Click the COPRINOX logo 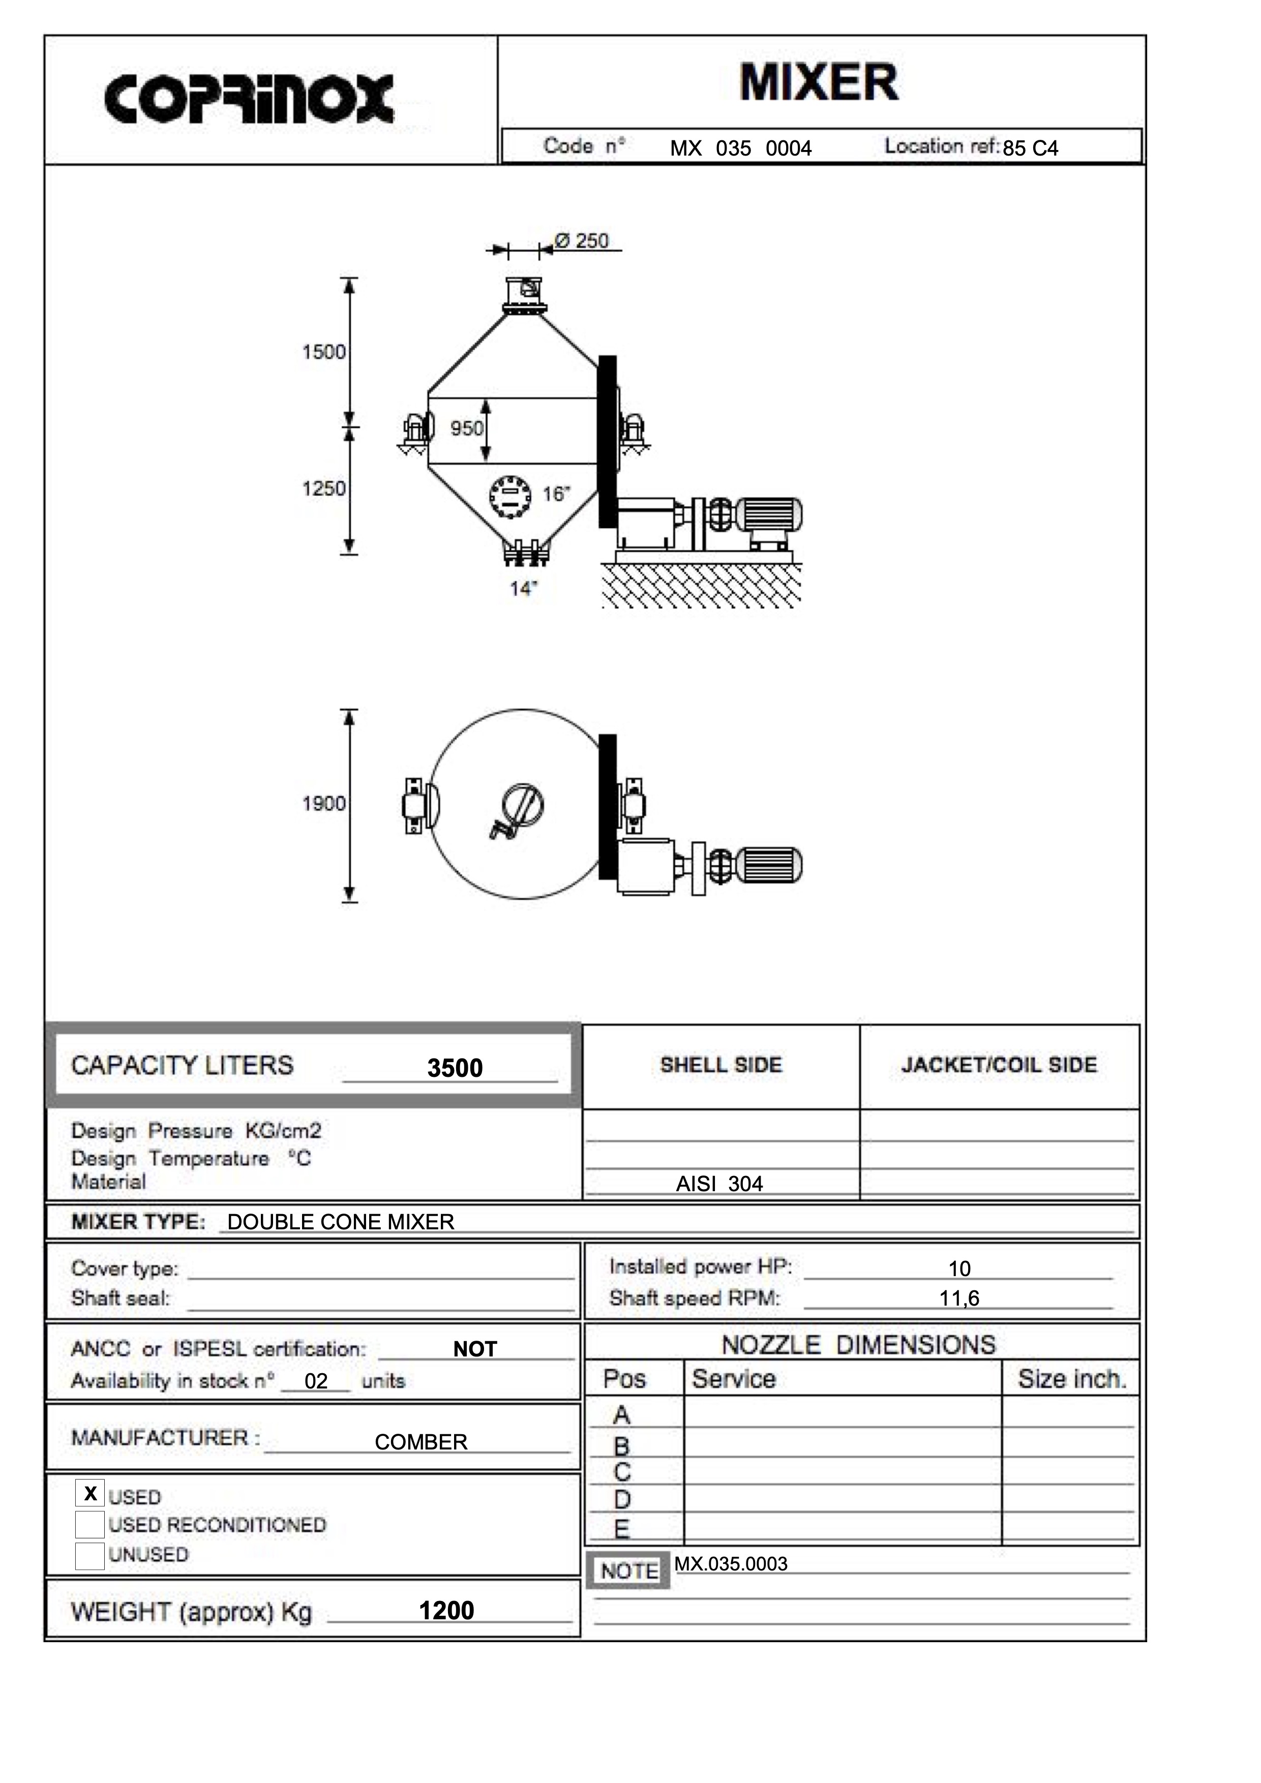249,100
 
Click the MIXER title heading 819,82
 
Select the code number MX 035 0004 741,148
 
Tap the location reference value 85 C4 1030,148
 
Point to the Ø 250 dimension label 582,241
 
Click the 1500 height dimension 324,352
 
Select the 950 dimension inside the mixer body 467,428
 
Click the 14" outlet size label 523,589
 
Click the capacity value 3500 455,1068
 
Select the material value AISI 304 720,1184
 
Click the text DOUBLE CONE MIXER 341,1222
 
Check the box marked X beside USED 90,1493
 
